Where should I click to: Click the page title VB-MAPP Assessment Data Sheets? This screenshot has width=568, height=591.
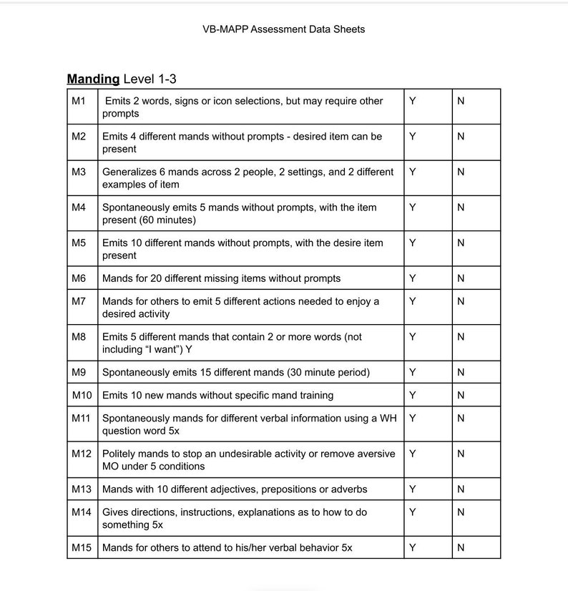point(283,29)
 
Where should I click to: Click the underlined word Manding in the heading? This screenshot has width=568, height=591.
point(93,79)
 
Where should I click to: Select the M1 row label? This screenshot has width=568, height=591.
point(79,101)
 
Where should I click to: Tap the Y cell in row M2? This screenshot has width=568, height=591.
point(413,136)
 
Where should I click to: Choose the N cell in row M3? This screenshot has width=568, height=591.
point(461,172)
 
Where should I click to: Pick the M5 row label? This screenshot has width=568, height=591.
point(79,243)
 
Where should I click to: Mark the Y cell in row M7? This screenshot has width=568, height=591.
point(413,301)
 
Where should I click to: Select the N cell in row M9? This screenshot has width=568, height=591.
point(461,372)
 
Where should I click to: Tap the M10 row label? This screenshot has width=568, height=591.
point(82,395)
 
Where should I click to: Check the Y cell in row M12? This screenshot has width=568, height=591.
point(413,454)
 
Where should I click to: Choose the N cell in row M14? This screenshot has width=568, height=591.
point(461,512)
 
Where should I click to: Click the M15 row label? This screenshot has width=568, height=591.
point(82,547)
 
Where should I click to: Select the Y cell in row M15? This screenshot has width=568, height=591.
point(413,547)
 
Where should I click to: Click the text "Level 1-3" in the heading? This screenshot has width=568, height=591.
point(150,79)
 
